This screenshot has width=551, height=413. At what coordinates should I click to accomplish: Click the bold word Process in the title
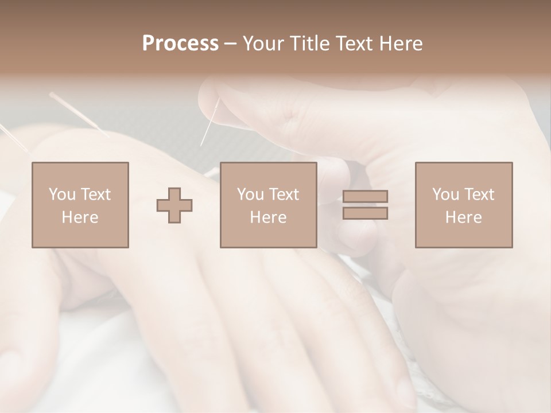point(180,44)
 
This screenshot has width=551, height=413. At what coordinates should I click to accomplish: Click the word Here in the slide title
point(401,44)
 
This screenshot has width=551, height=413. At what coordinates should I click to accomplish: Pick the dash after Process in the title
point(231,44)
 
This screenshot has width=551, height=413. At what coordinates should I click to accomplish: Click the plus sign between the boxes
point(174,205)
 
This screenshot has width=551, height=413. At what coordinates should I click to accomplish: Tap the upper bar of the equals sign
point(365,196)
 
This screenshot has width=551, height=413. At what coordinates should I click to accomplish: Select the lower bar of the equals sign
point(365,213)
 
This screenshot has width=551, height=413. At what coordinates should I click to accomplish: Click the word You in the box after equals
point(445,194)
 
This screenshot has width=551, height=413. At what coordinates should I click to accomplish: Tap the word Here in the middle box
point(268,217)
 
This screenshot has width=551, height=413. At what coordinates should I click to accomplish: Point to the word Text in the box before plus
point(96,194)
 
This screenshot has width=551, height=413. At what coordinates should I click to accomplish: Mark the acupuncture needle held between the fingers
point(210,122)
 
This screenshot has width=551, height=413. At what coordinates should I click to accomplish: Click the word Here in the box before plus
point(80,217)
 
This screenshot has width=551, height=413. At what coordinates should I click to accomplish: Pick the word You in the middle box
point(250,194)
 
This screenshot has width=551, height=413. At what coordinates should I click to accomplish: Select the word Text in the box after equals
point(479,194)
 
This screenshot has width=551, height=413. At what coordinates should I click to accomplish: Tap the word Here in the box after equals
point(463,217)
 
